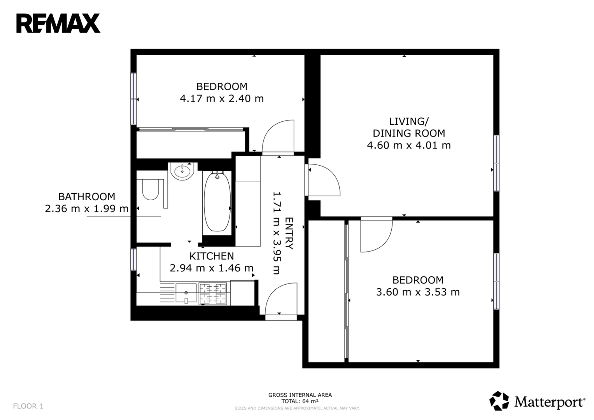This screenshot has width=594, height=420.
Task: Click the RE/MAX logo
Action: [x=58, y=23]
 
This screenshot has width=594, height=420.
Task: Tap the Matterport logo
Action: [x=537, y=401]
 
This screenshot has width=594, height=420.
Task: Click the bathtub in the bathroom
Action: [x=217, y=202]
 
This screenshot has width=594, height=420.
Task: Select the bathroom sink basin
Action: [x=182, y=171]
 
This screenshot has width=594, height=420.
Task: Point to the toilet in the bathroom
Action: [x=151, y=190]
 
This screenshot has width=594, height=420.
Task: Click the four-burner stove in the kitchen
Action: [x=213, y=294]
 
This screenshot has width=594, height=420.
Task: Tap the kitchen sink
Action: [x=186, y=293]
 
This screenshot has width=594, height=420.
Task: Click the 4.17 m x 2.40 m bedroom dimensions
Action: [x=222, y=99]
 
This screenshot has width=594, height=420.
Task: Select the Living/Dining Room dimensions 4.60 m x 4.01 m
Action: [x=408, y=145]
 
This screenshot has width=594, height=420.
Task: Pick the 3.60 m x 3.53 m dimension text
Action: [x=418, y=292]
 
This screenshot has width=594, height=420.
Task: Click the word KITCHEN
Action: [x=212, y=256]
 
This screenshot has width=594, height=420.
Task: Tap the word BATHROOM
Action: [x=87, y=197]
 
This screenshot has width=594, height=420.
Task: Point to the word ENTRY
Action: [x=289, y=233]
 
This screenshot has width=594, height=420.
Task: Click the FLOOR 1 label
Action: [x=28, y=406]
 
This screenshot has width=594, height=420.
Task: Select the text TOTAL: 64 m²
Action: [x=300, y=401]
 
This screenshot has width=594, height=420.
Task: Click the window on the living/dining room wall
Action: [x=496, y=163]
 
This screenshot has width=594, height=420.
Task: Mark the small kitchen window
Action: [x=133, y=259]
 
